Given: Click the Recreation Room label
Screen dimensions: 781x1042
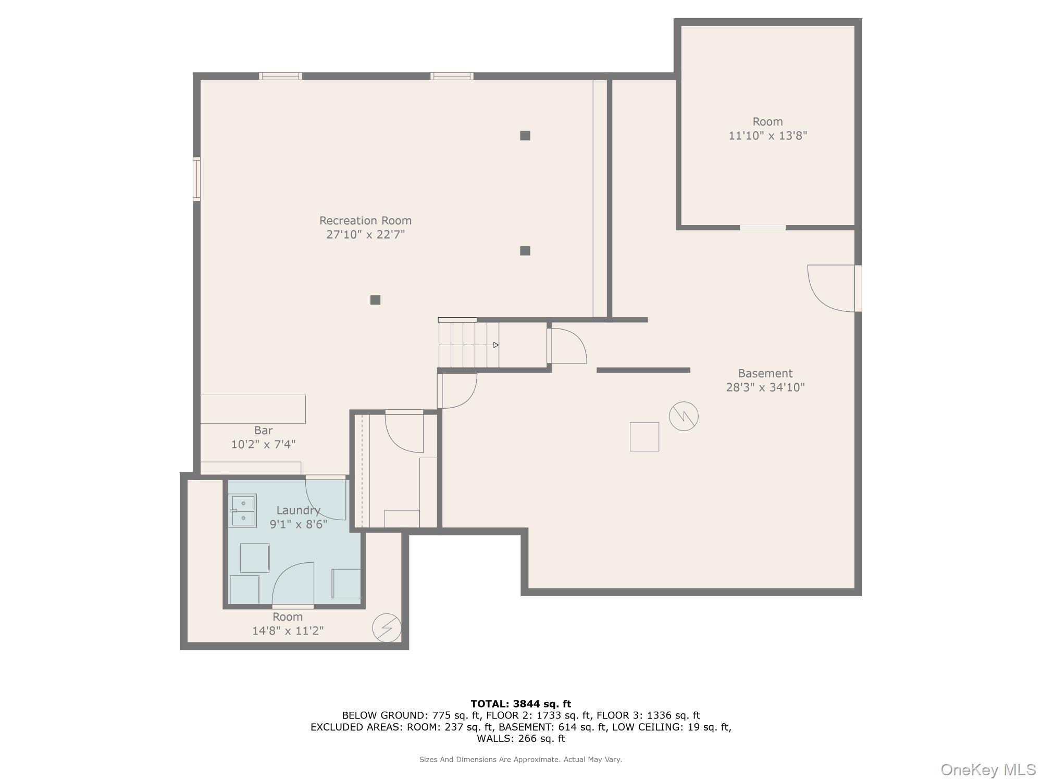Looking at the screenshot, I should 365,220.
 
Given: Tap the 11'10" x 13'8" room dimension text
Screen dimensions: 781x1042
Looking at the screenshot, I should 767,136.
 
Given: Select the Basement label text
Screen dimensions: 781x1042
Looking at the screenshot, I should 765,373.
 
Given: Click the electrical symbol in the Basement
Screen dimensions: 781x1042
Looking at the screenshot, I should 684,416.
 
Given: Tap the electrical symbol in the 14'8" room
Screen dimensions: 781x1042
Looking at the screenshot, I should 387,628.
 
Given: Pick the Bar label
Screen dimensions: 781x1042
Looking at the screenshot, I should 263,431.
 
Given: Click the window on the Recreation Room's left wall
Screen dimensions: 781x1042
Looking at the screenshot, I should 196,179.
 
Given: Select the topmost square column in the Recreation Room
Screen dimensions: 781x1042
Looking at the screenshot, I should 525,136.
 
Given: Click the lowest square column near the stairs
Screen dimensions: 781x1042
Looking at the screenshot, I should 375,300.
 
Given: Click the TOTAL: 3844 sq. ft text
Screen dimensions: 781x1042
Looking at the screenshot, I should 520,704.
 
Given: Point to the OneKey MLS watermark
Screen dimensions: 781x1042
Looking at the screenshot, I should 988,770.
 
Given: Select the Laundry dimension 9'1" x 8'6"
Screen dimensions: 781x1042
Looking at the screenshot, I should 298,524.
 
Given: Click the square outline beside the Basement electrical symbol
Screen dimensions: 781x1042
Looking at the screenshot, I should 644,436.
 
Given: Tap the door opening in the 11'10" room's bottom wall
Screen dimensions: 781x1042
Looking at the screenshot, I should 763,228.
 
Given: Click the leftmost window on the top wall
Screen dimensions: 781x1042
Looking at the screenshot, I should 280,76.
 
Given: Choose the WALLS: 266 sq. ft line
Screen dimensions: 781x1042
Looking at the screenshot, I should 520,738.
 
